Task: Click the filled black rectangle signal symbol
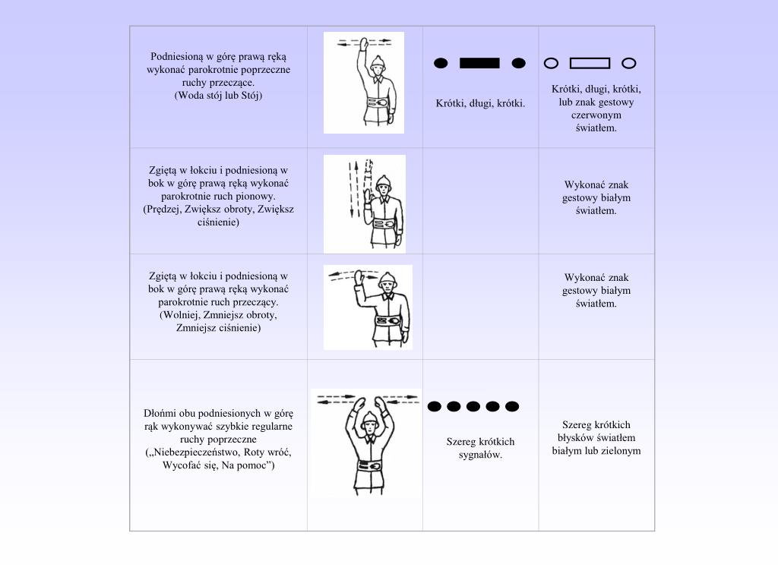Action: click(479, 63)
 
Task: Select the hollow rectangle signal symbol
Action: click(590, 63)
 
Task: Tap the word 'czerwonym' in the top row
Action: click(596, 115)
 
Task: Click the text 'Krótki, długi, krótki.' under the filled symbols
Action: click(480, 103)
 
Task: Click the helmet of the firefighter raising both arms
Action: click(369, 418)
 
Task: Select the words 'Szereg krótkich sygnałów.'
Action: click(480, 448)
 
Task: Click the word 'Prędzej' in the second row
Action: click(163, 210)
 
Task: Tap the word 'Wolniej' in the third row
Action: click(179, 315)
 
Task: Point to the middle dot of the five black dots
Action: click(473, 407)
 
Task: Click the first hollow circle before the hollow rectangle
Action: click(552, 63)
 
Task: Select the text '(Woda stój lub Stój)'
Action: click(218, 95)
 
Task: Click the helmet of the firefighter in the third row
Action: click(388, 279)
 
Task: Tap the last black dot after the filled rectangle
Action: click(518, 63)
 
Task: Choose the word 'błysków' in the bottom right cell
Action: click(576, 438)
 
